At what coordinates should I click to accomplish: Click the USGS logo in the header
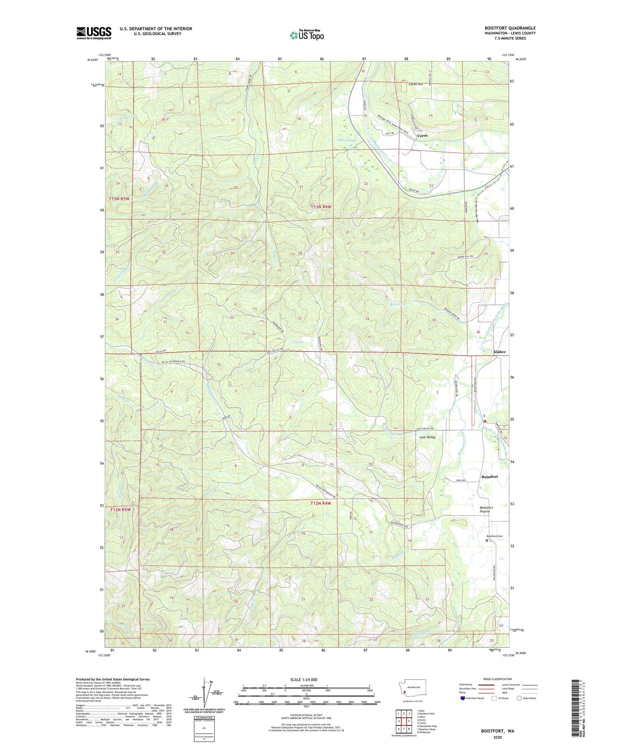[94, 33]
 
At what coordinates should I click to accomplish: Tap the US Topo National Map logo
[307, 35]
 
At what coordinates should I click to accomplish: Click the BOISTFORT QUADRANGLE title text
[510, 28]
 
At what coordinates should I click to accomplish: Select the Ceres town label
[422, 135]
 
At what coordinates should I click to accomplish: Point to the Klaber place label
[499, 352]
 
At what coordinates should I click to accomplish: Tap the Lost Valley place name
[427, 437]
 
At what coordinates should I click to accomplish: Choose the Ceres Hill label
[415, 84]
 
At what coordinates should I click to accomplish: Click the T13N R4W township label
[321, 207]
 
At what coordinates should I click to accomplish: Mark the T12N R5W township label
[120, 510]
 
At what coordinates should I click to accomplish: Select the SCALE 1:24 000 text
[304, 679]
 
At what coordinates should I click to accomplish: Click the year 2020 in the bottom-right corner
[497, 737]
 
